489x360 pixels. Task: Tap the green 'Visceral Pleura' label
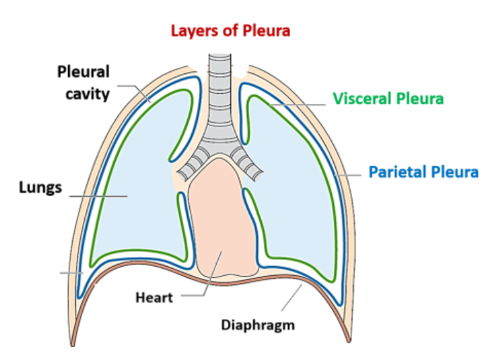pyautogui.click(x=388, y=99)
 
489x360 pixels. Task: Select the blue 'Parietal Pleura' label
pyautogui.click(x=423, y=172)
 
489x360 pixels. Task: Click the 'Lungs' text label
pyautogui.click(x=40, y=188)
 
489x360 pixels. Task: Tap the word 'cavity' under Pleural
pyautogui.click(x=84, y=93)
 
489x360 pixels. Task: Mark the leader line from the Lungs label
pyautogui.click(x=97, y=195)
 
